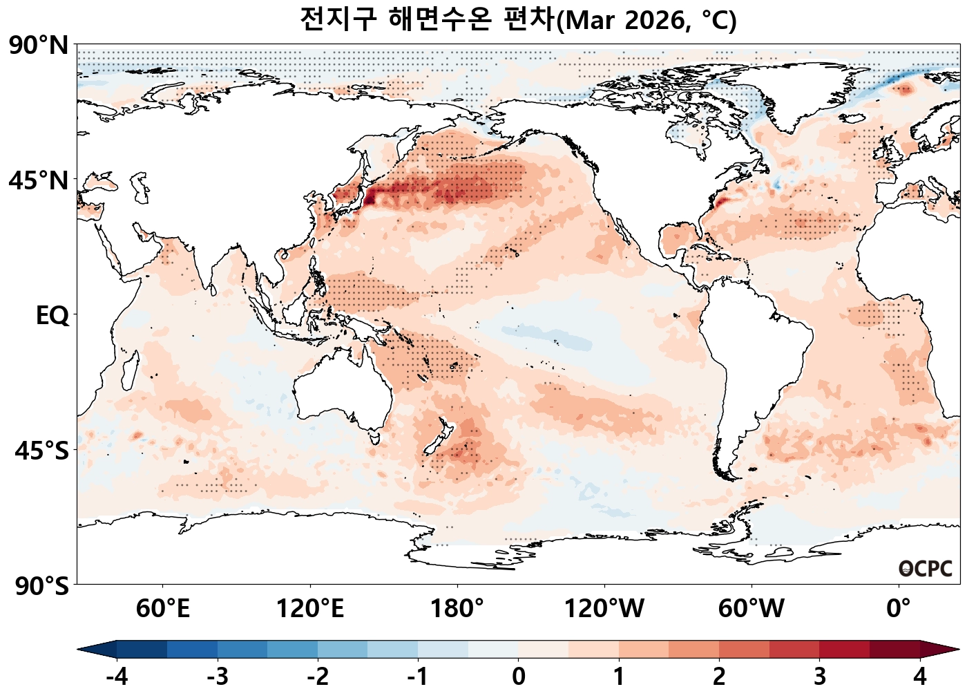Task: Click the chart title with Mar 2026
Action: [518, 19]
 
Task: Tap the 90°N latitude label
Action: [39, 46]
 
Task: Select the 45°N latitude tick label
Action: [39, 181]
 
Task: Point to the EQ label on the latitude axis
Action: [52, 316]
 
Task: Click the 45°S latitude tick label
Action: [41, 451]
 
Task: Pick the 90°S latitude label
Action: [41, 586]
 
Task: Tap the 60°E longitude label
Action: [162, 609]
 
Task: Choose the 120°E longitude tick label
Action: [309, 609]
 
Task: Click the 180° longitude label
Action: [457, 609]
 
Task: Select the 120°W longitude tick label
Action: [604, 609]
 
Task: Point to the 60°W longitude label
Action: [751, 609]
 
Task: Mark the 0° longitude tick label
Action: [898, 609]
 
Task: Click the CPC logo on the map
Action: [926, 569]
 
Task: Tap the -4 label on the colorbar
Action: [117, 677]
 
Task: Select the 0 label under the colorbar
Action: [518, 677]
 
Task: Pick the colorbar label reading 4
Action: [919, 677]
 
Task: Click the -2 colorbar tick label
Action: [318, 677]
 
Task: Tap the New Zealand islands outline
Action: [439, 437]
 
